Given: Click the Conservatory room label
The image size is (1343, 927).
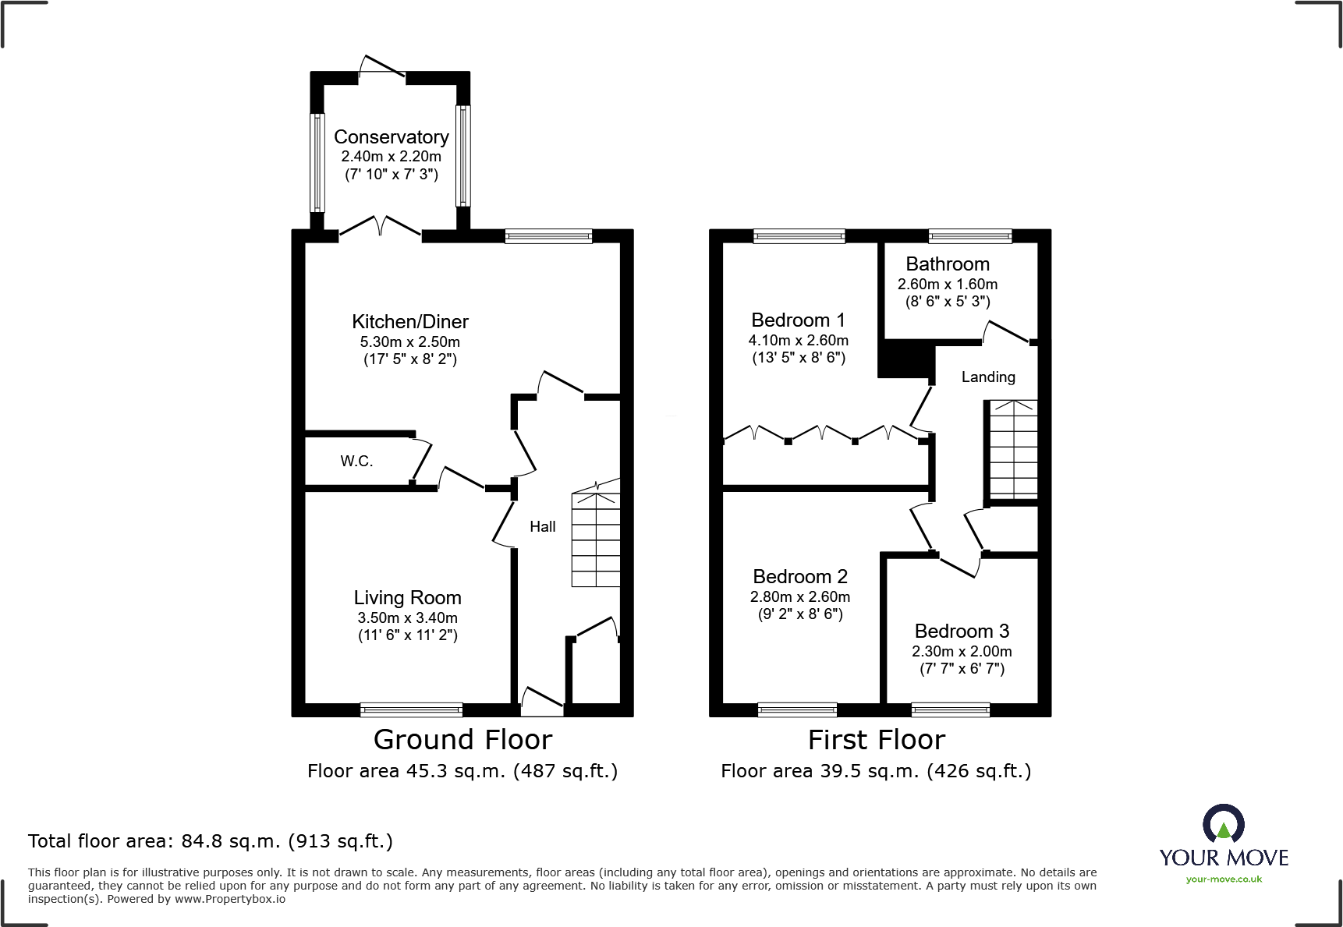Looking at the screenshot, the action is pos(392,137).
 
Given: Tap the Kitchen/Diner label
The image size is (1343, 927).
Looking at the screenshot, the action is pos(410,322).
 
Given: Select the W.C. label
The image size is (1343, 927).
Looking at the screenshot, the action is pos(356,462).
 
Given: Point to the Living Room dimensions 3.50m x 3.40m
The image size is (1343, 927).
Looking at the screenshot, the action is pos(408,617).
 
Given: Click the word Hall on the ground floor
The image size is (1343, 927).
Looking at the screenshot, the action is pos(543,527).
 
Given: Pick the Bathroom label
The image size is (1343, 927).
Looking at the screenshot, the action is pos(948,264).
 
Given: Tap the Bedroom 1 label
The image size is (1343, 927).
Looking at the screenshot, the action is pos(798,320).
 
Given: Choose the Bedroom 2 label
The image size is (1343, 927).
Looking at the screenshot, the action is pos(800,577).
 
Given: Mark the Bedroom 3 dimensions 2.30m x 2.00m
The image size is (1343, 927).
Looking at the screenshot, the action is pos(962,651).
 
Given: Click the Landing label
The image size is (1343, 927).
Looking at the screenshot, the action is pos(988,377).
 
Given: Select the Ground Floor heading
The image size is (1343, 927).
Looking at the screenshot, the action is pos(462,739).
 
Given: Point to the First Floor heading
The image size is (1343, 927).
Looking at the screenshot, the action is pos(877,739).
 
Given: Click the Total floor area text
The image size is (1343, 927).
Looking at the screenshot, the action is pos(211,841).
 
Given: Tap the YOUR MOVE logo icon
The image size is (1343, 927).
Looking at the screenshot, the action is pos(1224,825).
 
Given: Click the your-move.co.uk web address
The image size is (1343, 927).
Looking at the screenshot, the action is pos(1224,879).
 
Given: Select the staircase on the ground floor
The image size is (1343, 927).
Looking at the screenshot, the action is pos(596,534).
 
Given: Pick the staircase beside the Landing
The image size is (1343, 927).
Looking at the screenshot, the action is pos(1013,450).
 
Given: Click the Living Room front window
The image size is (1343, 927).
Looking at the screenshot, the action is pos(411,709).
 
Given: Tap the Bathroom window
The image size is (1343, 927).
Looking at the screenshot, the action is pos(970,236).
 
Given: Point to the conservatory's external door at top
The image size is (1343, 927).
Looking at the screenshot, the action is pos(382,67).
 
